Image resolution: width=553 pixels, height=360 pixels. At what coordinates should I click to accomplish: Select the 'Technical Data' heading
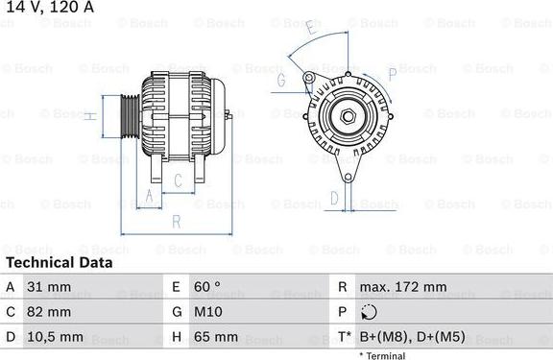(x=59, y=262)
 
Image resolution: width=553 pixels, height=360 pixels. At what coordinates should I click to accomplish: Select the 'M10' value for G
(x=210, y=312)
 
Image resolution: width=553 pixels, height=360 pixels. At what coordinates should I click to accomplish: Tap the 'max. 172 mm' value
(x=404, y=287)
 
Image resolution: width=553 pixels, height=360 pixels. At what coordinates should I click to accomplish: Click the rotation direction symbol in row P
(x=371, y=312)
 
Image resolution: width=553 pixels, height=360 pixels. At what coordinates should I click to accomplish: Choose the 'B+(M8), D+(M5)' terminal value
(x=412, y=338)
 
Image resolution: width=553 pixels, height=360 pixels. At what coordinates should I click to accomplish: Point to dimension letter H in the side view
(x=89, y=116)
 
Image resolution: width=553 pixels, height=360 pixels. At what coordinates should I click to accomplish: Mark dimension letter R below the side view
(x=176, y=222)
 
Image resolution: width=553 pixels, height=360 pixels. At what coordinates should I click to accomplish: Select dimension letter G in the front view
(x=282, y=82)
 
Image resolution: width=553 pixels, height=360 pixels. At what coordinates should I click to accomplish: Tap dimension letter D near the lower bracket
(x=334, y=199)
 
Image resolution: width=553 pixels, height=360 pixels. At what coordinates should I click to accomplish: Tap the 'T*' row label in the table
(x=343, y=338)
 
